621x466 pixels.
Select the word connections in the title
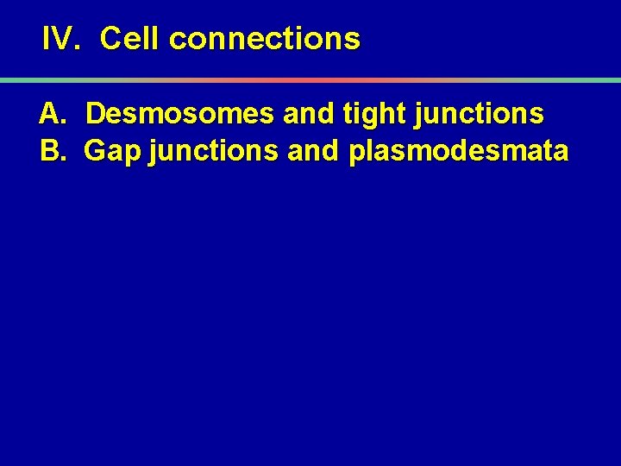tap(265, 39)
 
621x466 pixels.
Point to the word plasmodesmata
tap(459, 152)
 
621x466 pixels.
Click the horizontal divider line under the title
tap(310, 80)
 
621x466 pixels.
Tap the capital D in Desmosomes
tap(96, 114)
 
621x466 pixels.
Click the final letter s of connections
tap(353, 40)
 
